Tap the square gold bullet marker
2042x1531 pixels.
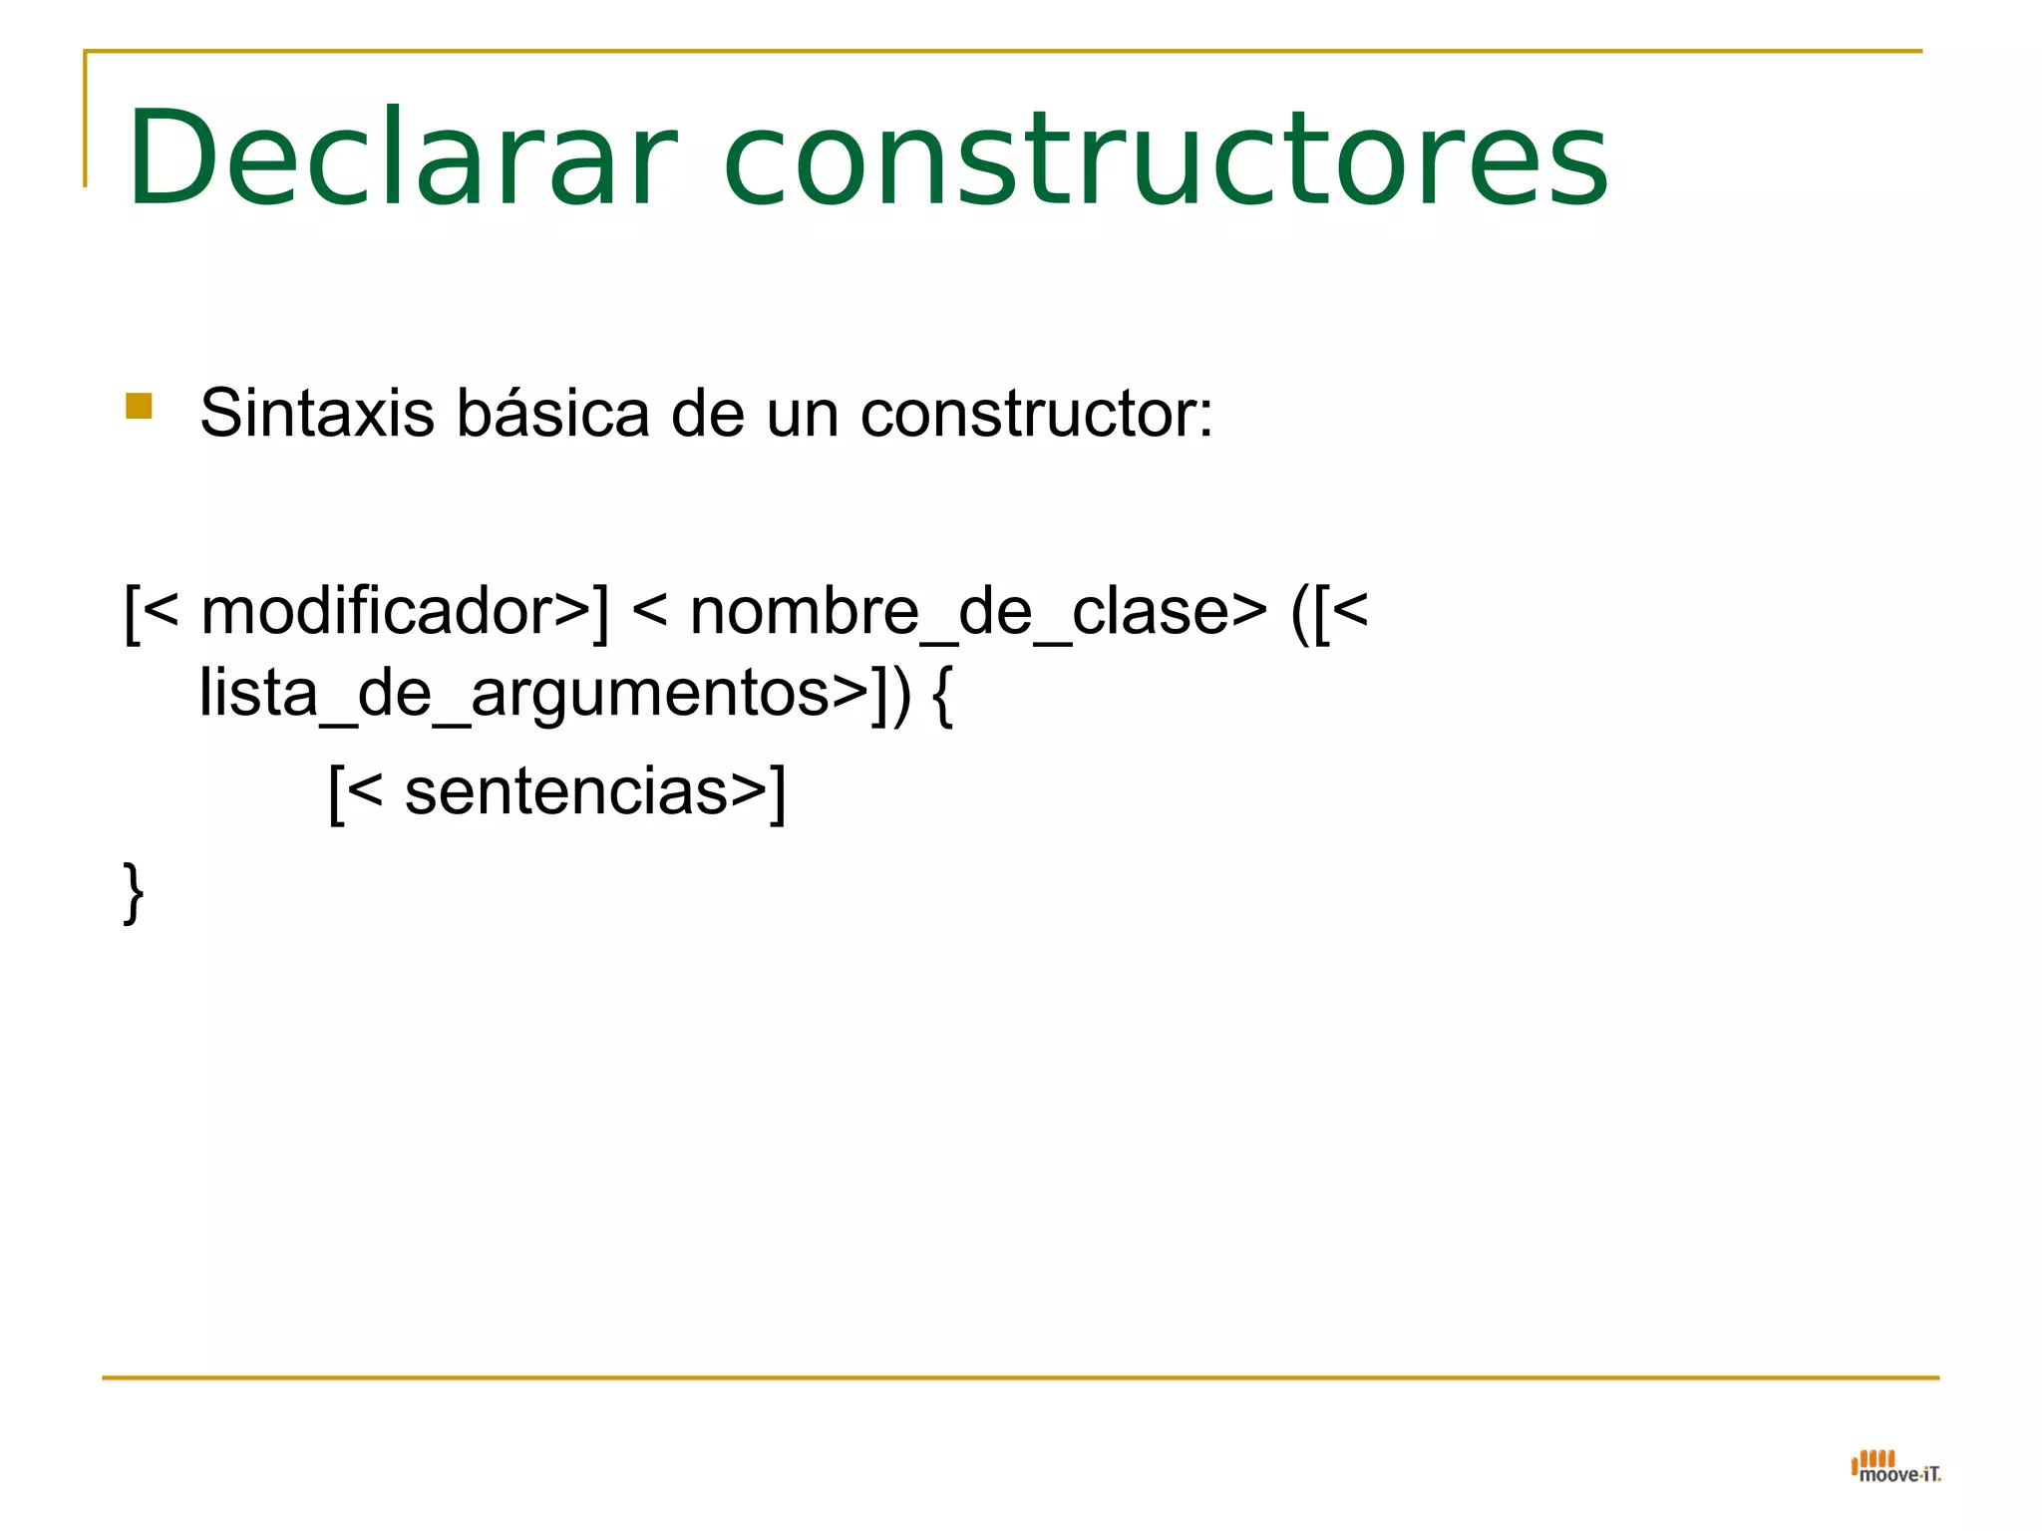[x=139, y=407]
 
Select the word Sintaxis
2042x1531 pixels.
[x=317, y=413]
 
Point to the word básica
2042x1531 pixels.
[x=553, y=413]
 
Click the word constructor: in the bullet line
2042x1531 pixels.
[x=1037, y=413]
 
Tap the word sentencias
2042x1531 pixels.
[x=566, y=791]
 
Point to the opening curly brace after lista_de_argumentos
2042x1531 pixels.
[x=943, y=696]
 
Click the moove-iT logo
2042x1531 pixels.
[x=1894, y=1467]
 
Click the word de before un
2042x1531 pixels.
[x=708, y=413]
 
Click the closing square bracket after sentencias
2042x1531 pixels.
[x=778, y=793]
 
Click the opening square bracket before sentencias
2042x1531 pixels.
[x=337, y=793]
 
